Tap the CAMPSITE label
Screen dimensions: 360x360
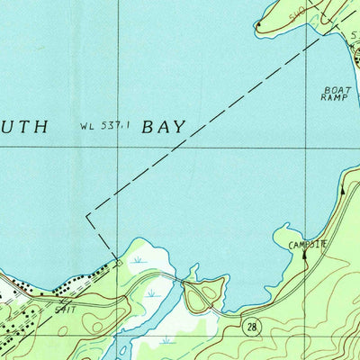coord(307,244)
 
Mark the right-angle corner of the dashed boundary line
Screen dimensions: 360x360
coord(87,216)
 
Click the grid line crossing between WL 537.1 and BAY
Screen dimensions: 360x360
coord(119,147)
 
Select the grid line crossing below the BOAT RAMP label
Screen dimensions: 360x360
coord(307,147)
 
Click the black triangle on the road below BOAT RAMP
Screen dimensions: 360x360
coord(342,190)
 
